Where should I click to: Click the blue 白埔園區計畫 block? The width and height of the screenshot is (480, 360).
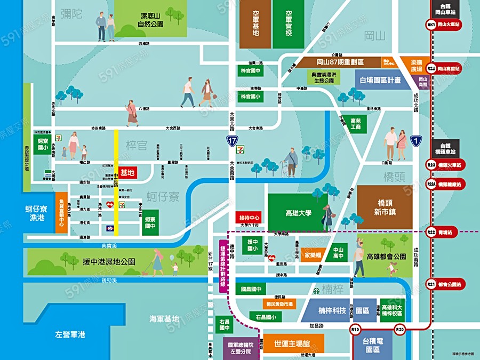(381, 79)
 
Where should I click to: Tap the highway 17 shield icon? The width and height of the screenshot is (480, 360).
(231, 141)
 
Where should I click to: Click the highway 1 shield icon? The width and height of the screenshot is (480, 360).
(417, 141)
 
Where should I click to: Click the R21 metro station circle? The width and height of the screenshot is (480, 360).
(431, 285)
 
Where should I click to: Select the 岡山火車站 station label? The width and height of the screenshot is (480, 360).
(448, 25)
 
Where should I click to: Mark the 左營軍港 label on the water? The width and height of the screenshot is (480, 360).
(70, 335)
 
